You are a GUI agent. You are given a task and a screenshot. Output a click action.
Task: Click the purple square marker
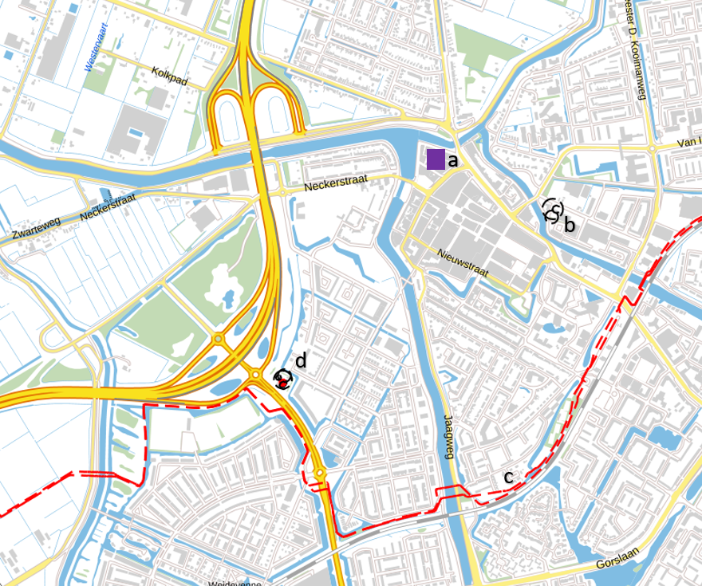point(436,159)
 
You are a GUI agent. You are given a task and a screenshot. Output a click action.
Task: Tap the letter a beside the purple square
point(453,160)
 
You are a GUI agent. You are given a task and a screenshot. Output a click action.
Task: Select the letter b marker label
point(569,225)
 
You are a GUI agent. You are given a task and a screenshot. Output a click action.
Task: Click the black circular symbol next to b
point(552,210)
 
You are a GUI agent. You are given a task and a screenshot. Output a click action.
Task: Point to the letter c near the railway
point(508,478)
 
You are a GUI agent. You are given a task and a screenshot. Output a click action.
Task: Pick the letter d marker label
point(301,361)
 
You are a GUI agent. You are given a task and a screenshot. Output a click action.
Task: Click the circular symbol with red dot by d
point(282,379)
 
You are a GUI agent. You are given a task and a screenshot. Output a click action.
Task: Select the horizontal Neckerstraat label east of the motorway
point(335,183)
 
